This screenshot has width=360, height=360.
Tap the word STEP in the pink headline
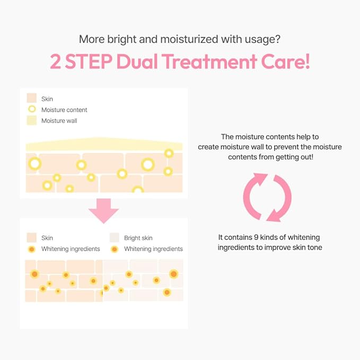(x=89, y=62)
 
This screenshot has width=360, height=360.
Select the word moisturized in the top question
(x=189, y=39)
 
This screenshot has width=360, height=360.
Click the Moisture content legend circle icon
(x=32, y=109)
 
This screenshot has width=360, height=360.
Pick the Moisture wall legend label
(x=59, y=121)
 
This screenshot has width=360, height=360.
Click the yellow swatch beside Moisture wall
(x=32, y=120)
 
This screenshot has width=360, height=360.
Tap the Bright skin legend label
(x=138, y=238)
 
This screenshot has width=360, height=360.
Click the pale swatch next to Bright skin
(x=115, y=238)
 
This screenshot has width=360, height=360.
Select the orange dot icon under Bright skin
(x=115, y=249)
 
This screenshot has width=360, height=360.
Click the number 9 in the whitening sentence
(x=256, y=237)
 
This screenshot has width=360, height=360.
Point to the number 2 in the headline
(x=56, y=62)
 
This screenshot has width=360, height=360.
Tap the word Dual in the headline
(x=137, y=62)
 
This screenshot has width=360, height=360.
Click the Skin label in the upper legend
(x=47, y=99)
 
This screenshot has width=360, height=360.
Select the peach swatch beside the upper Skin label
(x=32, y=98)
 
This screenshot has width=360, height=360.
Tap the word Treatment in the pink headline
(x=209, y=62)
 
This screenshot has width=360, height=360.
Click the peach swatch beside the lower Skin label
(x=32, y=238)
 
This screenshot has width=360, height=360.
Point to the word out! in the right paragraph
(x=306, y=157)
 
